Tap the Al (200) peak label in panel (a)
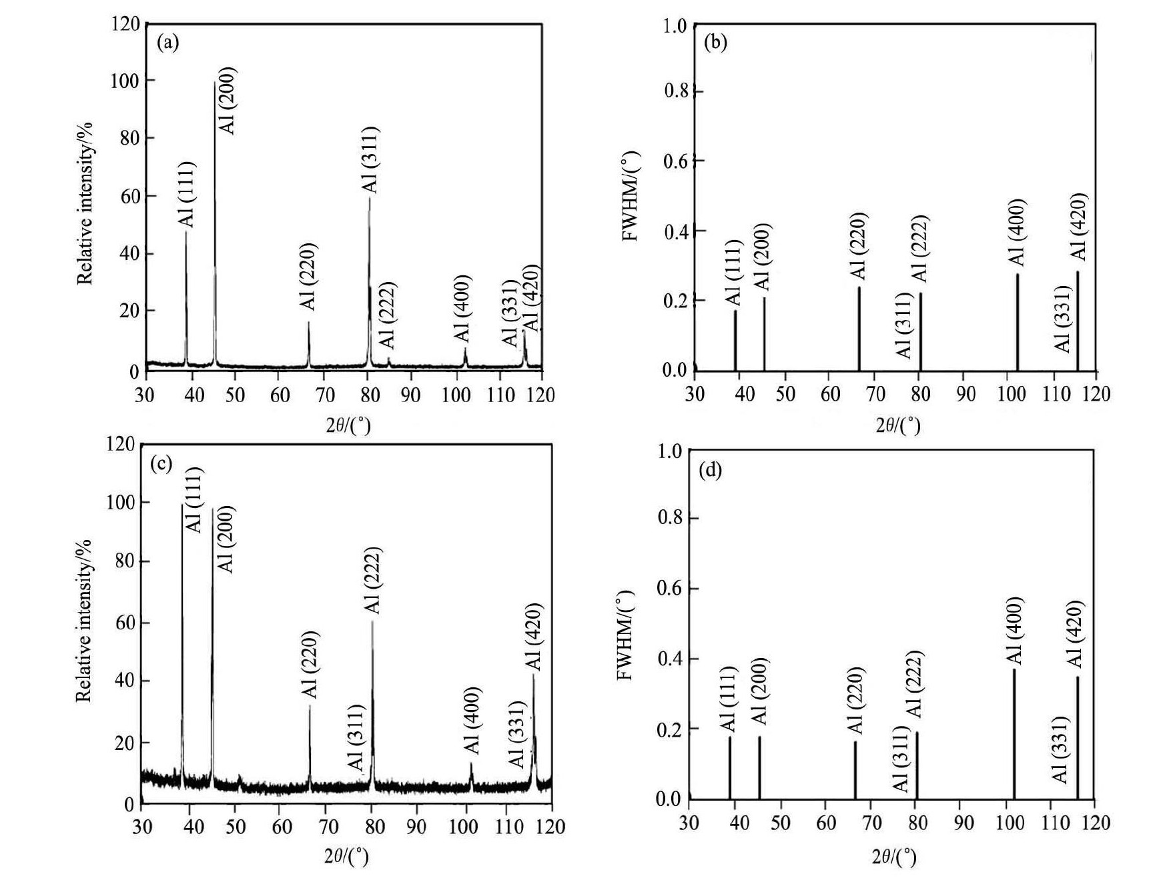coord(228,101)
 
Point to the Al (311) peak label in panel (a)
coord(369,159)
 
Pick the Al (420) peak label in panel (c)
coord(534,637)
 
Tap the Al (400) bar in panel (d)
coord(1014,733)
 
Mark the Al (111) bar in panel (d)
coord(730,767)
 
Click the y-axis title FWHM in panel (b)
coord(631,197)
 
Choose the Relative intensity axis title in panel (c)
coord(83,620)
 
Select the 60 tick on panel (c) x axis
coord(282,827)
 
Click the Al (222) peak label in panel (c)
coord(372,581)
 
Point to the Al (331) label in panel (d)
coord(1060,749)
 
